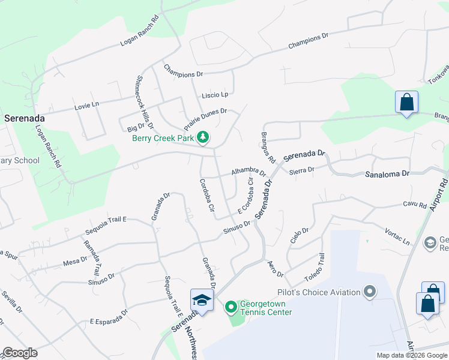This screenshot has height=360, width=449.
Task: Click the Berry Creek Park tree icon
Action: pos(203,137)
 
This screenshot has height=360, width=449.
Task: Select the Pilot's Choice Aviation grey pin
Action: pos(370,292)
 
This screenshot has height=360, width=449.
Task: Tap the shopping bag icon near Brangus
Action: pos(406,102)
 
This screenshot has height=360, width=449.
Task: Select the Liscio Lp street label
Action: pos(215,95)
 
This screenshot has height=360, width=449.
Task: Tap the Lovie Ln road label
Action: pos(86,106)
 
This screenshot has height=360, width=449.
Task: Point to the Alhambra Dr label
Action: pos(249,172)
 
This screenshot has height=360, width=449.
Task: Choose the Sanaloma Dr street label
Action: pos(387,173)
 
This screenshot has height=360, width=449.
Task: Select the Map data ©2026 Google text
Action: pos(411,355)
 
